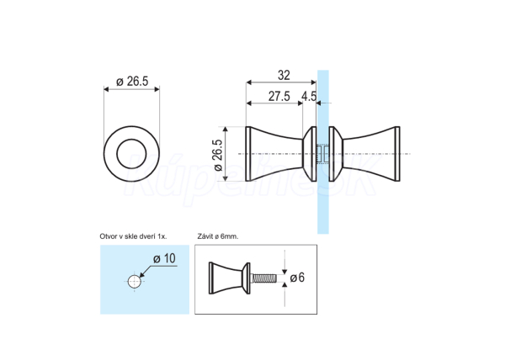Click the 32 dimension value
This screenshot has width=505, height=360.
(284, 76)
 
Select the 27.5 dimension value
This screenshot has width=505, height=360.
(279, 96)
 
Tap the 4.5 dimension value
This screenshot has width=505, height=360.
(309, 96)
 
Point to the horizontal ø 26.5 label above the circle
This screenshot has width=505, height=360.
(132, 82)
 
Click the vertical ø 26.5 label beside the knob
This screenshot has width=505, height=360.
(218, 155)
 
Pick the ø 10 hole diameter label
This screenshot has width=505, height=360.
(165, 258)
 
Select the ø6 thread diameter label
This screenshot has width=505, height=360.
(297, 278)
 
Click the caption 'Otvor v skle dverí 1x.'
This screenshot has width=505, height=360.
(133, 236)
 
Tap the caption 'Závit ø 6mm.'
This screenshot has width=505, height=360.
(218, 236)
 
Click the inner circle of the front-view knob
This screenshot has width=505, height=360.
(132, 140)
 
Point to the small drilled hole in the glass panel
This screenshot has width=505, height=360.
(135, 282)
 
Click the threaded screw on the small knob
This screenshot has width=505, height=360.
(263, 278)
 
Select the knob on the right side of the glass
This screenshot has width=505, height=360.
(364, 154)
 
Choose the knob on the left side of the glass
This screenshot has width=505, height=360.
(281, 154)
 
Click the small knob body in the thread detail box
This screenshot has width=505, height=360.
(229, 278)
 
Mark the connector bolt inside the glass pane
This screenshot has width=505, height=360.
(323, 154)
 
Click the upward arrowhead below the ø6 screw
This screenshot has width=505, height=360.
(284, 285)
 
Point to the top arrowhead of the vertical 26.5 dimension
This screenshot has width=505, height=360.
(226, 130)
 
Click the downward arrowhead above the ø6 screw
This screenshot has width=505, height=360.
(284, 271)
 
